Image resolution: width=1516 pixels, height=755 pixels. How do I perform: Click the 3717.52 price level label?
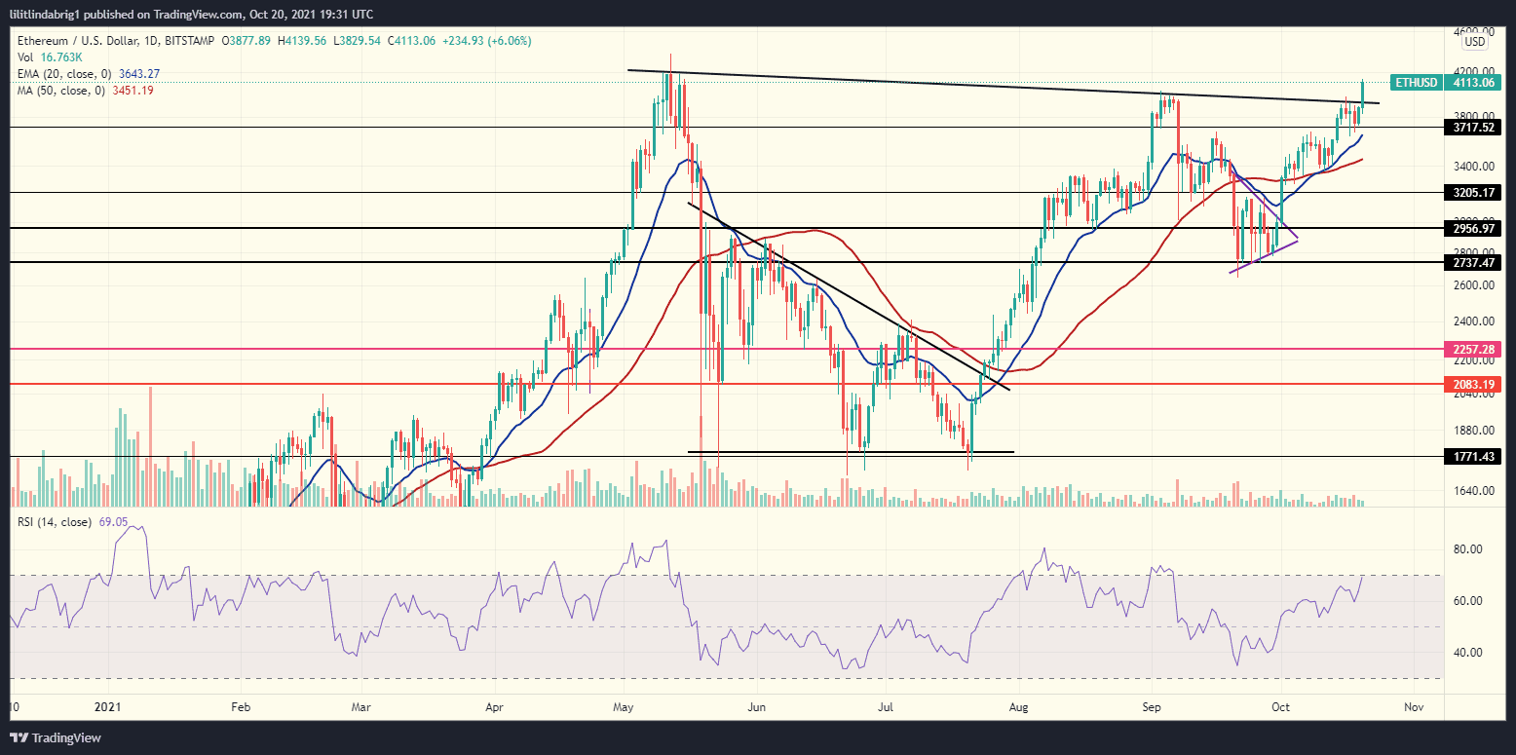point(1474,128)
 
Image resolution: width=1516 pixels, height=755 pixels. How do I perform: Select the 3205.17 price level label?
point(1474,193)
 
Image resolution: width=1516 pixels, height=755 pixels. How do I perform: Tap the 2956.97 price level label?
point(1474,228)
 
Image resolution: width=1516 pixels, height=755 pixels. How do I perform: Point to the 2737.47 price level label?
point(1474,263)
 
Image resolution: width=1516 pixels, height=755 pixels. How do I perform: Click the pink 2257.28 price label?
point(1474,349)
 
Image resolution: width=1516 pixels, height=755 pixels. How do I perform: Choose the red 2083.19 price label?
point(1474,385)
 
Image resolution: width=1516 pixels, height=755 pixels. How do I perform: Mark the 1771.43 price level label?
point(1474,456)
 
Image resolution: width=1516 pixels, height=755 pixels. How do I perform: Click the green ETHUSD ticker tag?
point(1416,83)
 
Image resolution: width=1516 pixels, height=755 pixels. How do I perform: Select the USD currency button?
point(1475,42)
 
